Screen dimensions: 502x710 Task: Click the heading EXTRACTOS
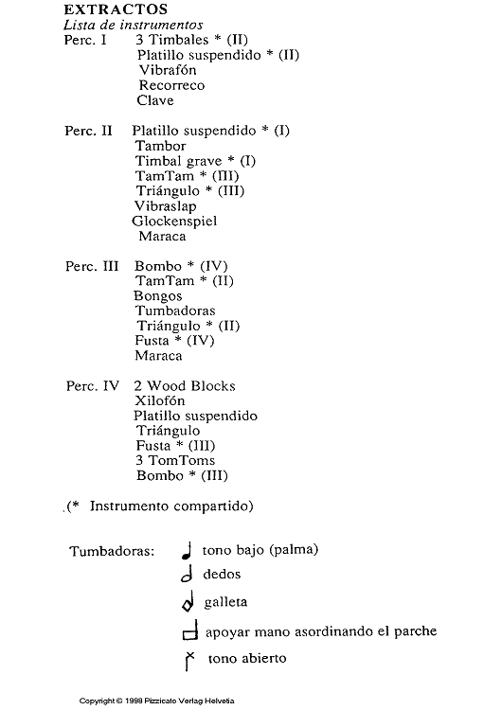tap(103, 10)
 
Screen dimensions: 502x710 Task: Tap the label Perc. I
tap(84, 41)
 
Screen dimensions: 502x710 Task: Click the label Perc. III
tap(91, 267)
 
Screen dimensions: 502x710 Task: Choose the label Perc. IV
tap(91, 386)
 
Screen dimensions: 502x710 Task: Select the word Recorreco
tap(171, 85)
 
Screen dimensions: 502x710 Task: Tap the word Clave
tap(155, 100)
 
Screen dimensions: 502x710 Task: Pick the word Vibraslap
tap(168, 206)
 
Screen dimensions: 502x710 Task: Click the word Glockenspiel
tap(174, 222)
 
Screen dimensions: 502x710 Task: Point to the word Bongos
tap(158, 296)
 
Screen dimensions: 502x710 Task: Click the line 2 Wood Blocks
tap(184, 386)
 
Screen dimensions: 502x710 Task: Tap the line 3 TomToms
tap(175, 461)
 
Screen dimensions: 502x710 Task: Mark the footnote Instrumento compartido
tap(171, 506)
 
